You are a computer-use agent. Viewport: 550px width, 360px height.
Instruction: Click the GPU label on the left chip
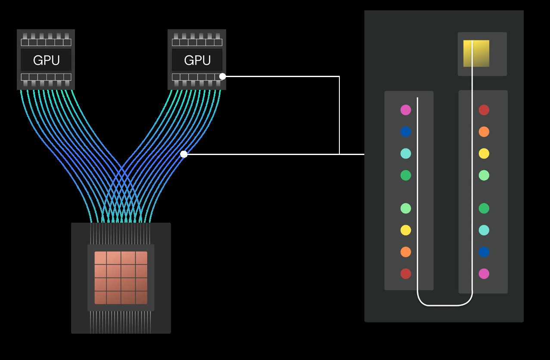click(46, 60)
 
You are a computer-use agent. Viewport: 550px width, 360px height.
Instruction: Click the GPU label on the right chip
click(197, 60)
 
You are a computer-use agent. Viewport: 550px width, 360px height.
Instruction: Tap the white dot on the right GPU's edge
click(222, 76)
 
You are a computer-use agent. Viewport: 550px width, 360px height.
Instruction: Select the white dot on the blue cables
click(184, 154)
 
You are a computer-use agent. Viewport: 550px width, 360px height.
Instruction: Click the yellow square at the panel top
click(476, 53)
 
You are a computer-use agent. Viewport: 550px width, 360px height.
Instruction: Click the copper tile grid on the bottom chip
click(121, 278)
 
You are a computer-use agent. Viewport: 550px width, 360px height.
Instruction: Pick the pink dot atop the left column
click(406, 110)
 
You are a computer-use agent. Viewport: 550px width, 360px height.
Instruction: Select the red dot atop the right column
click(484, 110)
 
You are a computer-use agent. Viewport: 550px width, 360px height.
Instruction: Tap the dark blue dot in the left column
click(406, 132)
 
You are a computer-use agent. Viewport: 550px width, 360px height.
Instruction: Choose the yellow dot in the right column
click(484, 153)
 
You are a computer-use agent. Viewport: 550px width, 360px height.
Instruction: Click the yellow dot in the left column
click(406, 230)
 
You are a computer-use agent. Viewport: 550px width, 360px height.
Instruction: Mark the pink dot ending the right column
click(484, 273)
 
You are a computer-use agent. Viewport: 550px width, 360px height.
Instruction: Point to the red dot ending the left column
click(406, 273)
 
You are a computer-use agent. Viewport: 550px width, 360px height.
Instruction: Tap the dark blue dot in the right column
click(484, 252)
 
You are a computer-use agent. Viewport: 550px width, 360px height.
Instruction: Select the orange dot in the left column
click(406, 252)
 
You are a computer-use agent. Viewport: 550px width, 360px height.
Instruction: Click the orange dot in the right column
click(484, 132)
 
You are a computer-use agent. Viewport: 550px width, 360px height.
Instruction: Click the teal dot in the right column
click(484, 230)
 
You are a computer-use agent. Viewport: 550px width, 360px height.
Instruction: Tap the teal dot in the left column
click(406, 153)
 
